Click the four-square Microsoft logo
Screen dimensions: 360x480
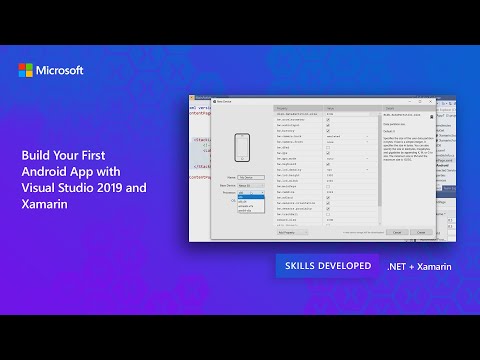coord(26,71)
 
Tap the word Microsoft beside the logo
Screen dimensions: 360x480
coord(60,71)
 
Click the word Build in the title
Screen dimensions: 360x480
coord(36,156)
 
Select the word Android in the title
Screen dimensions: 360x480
coord(44,172)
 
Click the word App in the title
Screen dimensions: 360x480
coord(85,172)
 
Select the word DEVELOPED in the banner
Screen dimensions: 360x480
coord(347,268)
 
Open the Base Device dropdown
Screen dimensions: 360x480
coord(250,186)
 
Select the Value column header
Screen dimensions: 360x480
coord(332,107)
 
